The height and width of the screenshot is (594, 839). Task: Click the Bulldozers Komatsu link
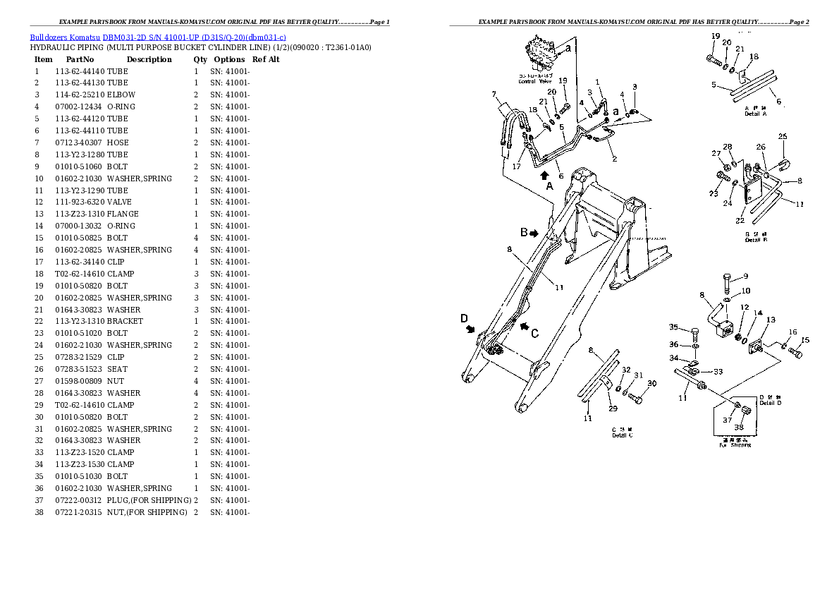[x=65, y=37]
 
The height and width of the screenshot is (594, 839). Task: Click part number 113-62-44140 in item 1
[x=80, y=71]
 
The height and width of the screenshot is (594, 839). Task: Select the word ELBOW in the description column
[x=121, y=95]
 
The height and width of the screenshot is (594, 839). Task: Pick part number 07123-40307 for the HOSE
[x=80, y=143]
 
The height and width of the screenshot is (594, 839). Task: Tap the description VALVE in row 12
[x=118, y=202]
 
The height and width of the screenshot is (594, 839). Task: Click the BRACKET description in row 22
[x=125, y=322]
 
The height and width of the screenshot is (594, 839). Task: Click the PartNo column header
[x=79, y=60]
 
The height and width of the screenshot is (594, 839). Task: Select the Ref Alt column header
[x=266, y=60]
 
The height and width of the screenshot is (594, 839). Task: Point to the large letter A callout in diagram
[x=549, y=186]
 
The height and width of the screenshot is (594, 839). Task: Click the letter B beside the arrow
[x=524, y=232]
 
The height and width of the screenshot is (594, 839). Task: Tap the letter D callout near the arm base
[x=464, y=319]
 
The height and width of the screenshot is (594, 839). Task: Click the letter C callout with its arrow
[x=535, y=334]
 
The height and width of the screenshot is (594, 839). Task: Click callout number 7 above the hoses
[x=494, y=94]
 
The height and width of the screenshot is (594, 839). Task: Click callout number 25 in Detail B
[x=782, y=136]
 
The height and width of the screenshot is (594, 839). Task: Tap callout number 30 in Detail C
[x=651, y=384]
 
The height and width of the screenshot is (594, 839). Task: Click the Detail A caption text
[x=756, y=114]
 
